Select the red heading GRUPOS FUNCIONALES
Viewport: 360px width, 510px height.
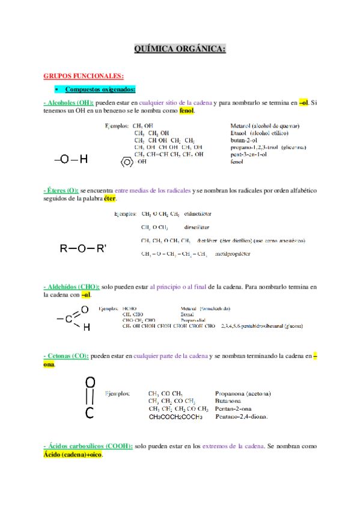(x=84, y=76)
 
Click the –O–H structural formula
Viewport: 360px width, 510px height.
(x=71, y=159)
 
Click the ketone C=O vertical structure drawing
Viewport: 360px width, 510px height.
(x=89, y=397)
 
